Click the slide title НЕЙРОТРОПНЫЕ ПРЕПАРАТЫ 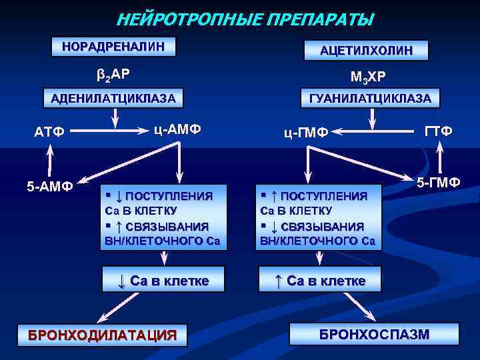245,19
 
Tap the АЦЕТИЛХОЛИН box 365,50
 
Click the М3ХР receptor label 365,76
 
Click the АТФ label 50,131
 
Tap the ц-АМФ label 177,129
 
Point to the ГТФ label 439,131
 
